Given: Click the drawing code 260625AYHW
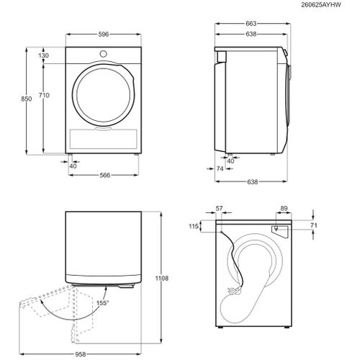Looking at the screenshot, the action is [321, 5].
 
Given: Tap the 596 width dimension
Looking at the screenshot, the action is [104, 35].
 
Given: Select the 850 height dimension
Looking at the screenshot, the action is [26, 99].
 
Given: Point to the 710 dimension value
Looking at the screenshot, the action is [44, 95].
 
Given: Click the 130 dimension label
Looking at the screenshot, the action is [43, 55].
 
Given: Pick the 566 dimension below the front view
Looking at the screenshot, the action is [105, 175].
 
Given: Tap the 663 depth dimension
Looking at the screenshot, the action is [251, 24].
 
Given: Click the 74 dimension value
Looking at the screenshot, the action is [220, 168].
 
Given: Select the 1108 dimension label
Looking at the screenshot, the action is [162, 278].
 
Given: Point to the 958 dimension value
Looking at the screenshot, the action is [81, 354].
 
